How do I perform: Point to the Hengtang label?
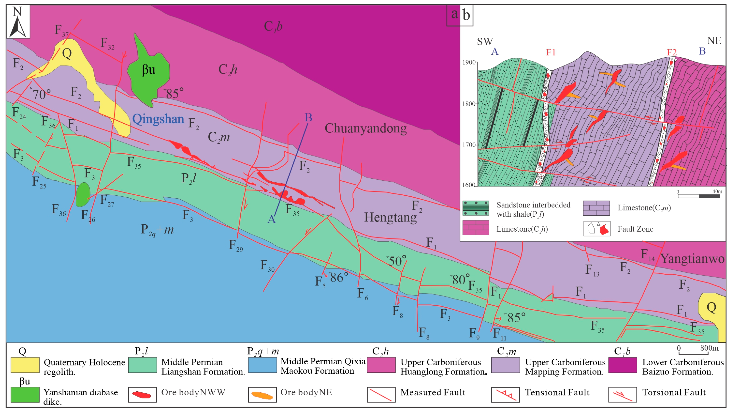pyautogui.click(x=390, y=217)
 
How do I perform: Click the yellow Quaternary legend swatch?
pyautogui.click(x=25, y=365)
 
